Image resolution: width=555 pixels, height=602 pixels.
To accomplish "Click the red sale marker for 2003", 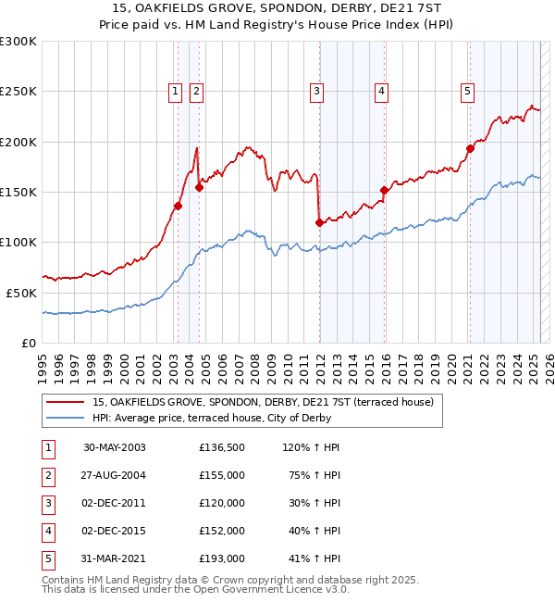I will coord(178,206).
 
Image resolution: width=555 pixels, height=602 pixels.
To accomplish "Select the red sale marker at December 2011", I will coord(319,222).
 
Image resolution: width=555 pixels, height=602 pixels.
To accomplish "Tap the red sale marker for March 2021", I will coord(470,148).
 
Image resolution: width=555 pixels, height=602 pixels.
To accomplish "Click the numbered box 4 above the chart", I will coord(381,91).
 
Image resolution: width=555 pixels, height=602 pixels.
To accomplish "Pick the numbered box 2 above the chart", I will coord(197,91).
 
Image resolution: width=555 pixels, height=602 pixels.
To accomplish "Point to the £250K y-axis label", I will coord(18,92).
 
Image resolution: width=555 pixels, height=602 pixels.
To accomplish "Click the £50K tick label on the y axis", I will coord(21,293).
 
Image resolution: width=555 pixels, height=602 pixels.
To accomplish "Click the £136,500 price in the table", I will coord(222,447).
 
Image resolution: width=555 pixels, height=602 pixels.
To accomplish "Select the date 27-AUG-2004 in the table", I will coord(115,475).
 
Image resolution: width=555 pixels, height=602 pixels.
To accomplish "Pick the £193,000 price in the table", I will coord(222,558).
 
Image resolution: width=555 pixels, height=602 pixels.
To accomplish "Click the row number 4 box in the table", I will coord(47,531).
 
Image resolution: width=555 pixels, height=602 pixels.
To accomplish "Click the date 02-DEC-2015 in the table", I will coord(115,531).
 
